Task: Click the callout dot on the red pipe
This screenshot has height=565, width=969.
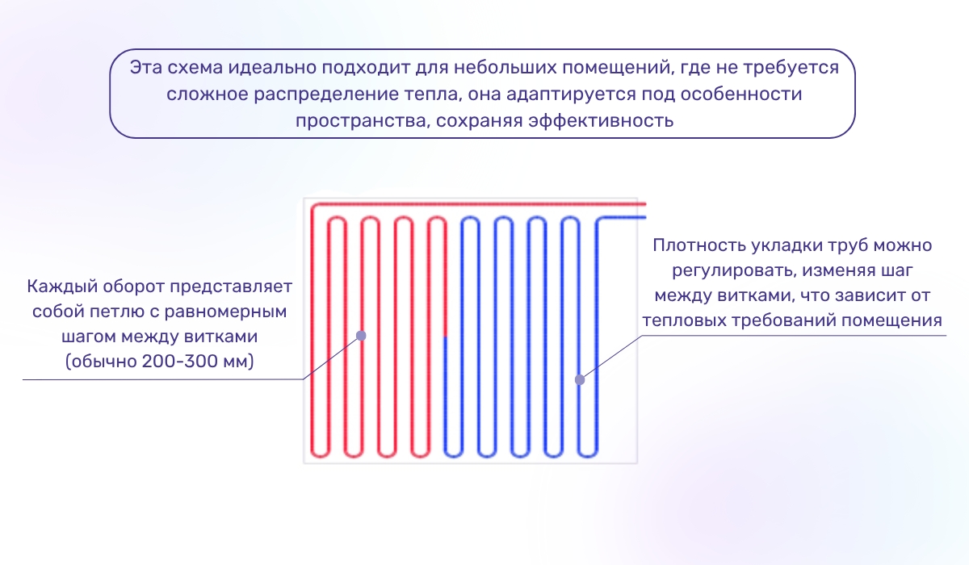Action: click(x=361, y=335)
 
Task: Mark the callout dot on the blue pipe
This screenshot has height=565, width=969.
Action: click(x=579, y=379)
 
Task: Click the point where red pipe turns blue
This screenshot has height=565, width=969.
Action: click(x=444, y=337)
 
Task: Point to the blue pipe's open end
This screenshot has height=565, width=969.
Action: click(x=644, y=218)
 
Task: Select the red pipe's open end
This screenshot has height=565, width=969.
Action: click(x=636, y=203)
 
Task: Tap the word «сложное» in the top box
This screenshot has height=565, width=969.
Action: click(x=201, y=94)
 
